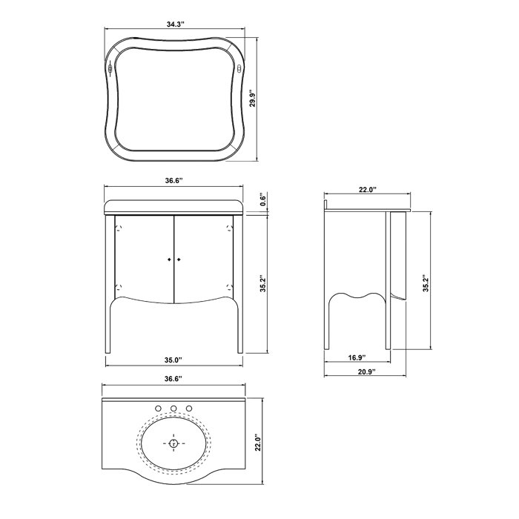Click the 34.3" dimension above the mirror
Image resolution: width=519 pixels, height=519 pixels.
pos(175,24)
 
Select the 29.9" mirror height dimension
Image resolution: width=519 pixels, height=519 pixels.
pos(252,99)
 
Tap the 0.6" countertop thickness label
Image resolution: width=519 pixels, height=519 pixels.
pos(262,200)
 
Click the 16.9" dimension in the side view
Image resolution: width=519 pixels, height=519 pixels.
pos(355,358)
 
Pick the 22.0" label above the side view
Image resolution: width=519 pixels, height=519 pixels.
pos(368,190)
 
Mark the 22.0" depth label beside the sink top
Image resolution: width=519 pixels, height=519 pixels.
pos(257,443)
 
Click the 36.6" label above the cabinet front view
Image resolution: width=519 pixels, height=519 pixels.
pos(173,180)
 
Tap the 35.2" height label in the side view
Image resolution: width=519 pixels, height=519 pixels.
pos(424,283)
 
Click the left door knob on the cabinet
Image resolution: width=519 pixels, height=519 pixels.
pos(170,259)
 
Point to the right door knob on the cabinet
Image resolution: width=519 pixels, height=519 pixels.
pos(179,259)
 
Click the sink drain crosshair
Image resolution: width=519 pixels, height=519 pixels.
pos(173,443)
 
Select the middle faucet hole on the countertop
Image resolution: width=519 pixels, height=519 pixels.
pos(173,409)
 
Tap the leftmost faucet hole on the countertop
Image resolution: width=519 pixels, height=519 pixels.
pos(158,409)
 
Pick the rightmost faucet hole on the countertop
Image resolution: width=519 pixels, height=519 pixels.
pos(189,409)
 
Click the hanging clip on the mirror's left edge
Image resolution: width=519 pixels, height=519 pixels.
pos(110,70)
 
